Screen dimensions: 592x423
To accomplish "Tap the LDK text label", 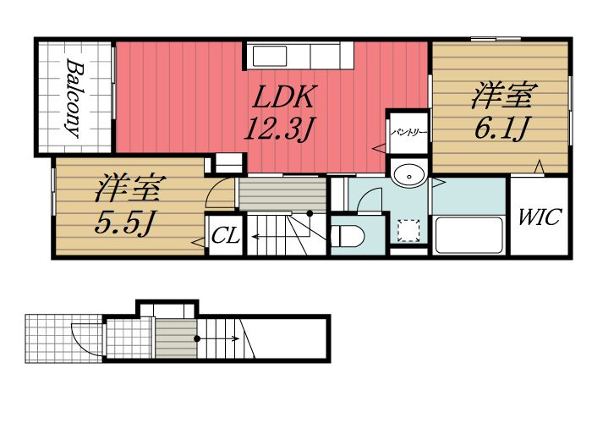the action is [x=283, y=97].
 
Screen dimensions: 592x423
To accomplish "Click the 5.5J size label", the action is [x=124, y=222].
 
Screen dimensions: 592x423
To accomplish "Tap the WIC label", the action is [x=540, y=217].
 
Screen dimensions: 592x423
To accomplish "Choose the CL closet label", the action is [x=226, y=236].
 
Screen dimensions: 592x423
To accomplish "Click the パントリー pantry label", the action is [x=408, y=133].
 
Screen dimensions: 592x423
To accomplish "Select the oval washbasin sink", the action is [x=408, y=175].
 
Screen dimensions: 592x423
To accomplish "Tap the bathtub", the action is [x=469, y=235].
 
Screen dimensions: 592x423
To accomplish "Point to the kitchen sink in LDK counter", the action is [x=270, y=57].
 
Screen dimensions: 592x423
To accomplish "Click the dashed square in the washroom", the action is [x=409, y=230].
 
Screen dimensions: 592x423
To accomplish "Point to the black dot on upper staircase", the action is [x=310, y=213].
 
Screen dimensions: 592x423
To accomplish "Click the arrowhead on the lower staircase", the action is [x=235, y=338].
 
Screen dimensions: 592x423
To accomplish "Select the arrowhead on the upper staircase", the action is [x=255, y=237].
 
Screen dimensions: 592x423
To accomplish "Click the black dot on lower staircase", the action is [x=197, y=338].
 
